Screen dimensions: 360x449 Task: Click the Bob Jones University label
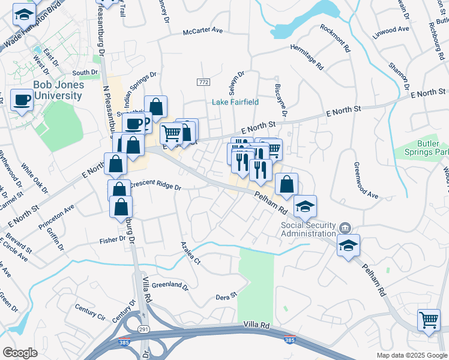point(58,90)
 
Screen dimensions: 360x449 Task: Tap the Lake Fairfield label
point(235,102)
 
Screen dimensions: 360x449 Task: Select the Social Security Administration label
point(309,230)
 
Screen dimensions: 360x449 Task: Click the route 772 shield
point(203,82)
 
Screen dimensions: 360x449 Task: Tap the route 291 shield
point(145,329)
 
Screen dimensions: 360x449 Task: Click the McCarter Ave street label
point(203,31)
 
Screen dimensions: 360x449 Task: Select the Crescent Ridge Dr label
point(155,186)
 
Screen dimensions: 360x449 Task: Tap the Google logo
point(20,353)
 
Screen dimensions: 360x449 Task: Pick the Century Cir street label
point(89,312)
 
